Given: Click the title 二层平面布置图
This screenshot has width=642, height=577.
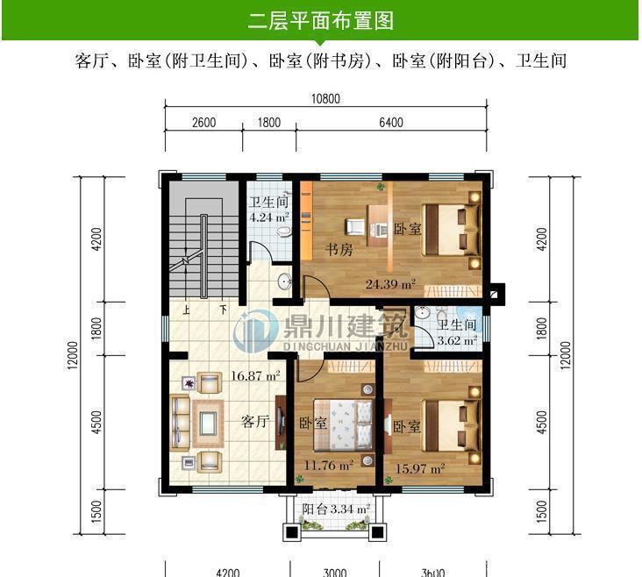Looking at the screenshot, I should (x=320, y=20).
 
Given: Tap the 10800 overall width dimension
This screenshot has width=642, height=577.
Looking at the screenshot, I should (x=325, y=99).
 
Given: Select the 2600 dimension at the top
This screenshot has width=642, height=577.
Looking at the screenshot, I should (x=203, y=123).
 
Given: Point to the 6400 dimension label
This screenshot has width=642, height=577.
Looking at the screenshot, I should (x=390, y=123).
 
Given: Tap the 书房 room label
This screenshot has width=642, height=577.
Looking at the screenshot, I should (x=339, y=250).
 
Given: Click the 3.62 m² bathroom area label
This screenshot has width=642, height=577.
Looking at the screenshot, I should (x=457, y=341).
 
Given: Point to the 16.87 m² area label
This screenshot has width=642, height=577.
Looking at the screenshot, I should (x=255, y=376).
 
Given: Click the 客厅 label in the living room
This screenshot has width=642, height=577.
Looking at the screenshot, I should (x=254, y=421).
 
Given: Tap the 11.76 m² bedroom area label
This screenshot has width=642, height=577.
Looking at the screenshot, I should (x=329, y=466).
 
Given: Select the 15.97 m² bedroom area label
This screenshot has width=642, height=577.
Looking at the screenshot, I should (x=420, y=468).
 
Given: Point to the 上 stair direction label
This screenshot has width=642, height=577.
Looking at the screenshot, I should (x=186, y=310).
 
